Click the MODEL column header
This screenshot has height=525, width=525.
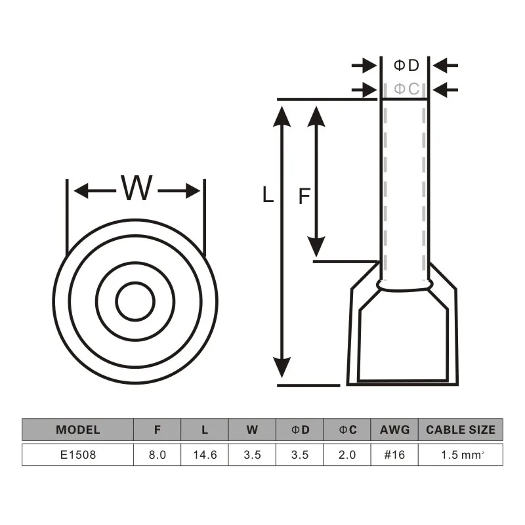(x=78, y=430)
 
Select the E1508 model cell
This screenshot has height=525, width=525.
(x=78, y=455)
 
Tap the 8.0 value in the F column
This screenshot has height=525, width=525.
(x=157, y=455)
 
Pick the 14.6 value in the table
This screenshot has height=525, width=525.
(x=205, y=455)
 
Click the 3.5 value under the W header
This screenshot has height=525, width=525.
(x=252, y=455)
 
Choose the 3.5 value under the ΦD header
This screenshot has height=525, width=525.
(x=300, y=455)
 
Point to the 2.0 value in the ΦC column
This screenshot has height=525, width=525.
(x=347, y=455)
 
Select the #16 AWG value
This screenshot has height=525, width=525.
(x=394, y=455)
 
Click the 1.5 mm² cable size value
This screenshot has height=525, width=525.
(x=460, y=455)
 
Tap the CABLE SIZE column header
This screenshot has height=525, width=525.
(x=460, y=430)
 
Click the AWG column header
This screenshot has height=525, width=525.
(x=394, y=430)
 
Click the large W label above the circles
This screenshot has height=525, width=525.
(x=136, y=190)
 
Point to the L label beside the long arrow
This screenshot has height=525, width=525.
(x=267, y=195)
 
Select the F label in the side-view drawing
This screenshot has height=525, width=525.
(x=304, y=196)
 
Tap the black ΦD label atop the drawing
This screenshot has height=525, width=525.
(x=405, y=65)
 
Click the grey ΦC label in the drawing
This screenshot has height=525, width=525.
(x=405, y=88)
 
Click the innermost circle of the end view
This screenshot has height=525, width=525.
(x=135, y=302)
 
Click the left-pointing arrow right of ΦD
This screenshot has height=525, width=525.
(x=446, y=65)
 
